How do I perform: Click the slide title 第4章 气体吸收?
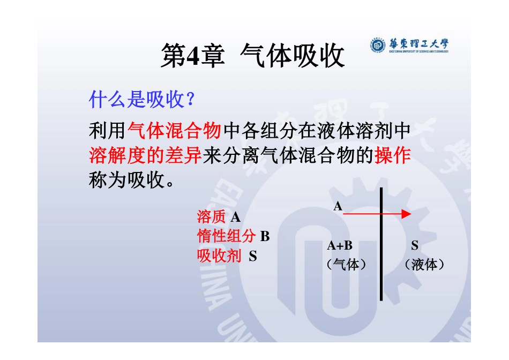252,55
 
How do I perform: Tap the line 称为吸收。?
132,181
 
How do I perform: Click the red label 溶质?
211,217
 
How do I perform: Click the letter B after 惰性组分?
265,236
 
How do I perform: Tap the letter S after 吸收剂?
253,256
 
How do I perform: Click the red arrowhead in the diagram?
406,214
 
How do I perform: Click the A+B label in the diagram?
340,246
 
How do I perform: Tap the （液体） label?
425,264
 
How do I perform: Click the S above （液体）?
415,246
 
